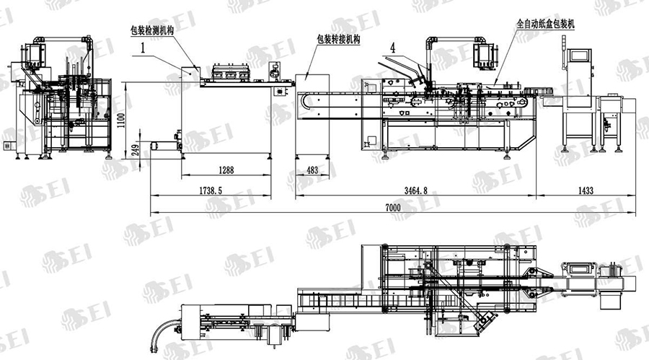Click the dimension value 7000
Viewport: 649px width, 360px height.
(392, 207)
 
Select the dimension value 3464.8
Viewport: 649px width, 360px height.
(415, 190)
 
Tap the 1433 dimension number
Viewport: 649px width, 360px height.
(586, 190)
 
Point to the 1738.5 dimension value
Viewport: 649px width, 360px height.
(211, 190)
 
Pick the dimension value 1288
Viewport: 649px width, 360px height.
(226, 170)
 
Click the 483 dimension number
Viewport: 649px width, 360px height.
(312, 170)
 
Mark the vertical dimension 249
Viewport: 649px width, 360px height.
(136, 148)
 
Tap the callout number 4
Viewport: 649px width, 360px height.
(392, 48)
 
